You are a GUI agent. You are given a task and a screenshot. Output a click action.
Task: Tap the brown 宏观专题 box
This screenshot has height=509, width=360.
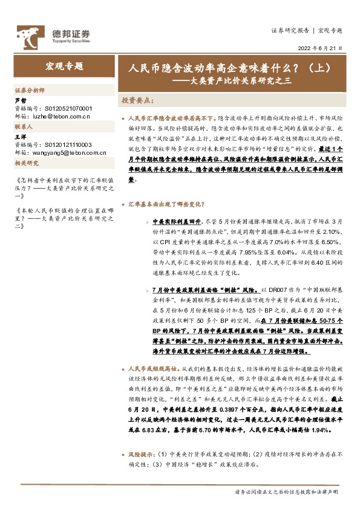tap(65, 66)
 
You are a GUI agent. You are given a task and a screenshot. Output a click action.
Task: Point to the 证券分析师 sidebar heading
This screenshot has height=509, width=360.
tap(29, 89)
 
